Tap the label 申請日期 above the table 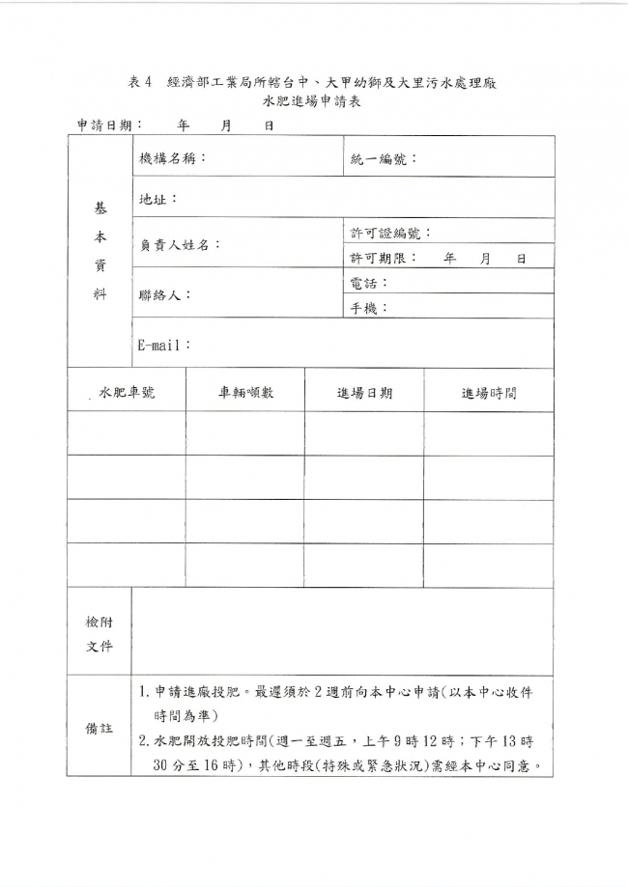coord(106,125)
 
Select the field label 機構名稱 coord(172,158)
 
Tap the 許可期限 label coord(381,258)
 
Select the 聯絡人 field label coord(163,294)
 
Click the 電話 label coord(367,283)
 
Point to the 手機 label coord(367,308)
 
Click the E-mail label coord(162,345)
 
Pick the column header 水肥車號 coord(127,392)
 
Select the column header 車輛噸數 coord(245,392)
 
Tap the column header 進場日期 coord(364,393)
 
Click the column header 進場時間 coord(489,393)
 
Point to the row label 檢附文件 coord(100,633)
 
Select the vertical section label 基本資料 coord(100,251)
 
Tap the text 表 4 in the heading coord(141,83)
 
